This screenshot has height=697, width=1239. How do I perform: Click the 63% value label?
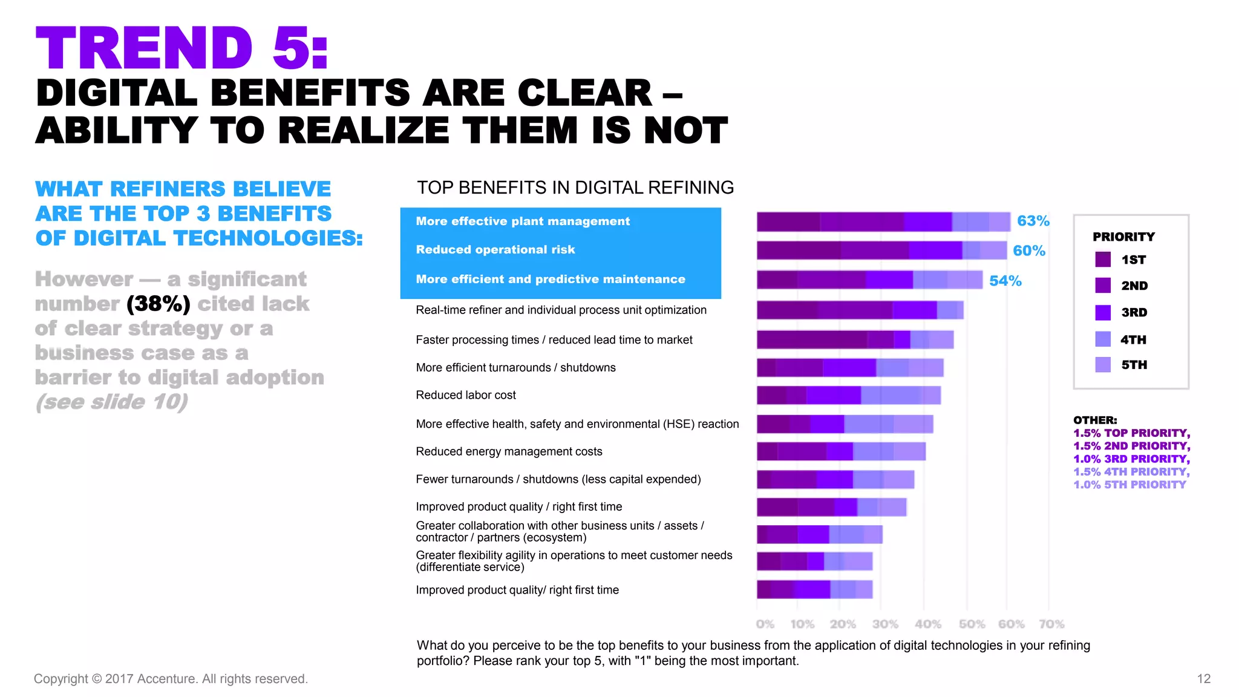[1033, 221]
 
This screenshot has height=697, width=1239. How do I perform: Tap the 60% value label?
[1028, 250]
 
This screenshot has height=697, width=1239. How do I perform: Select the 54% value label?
[1005, 281]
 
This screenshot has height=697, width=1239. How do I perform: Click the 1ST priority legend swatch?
[1103, 260]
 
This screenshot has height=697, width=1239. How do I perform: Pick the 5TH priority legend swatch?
[1103, 365]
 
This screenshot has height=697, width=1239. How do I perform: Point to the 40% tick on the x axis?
[927, 624]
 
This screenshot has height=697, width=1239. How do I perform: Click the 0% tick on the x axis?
[765, 624]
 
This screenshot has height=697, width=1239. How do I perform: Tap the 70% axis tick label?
[1051, 624]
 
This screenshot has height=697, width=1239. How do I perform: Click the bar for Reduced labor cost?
[848, 395]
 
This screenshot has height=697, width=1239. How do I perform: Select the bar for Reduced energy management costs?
[841, 451]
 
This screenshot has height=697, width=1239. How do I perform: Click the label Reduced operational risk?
[495, 249]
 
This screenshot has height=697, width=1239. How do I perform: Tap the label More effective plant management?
[523, 221]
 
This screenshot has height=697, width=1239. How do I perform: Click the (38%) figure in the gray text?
[159, 304]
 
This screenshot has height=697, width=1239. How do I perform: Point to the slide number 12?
[1203, 679]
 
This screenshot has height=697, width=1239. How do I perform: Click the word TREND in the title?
[144, 48]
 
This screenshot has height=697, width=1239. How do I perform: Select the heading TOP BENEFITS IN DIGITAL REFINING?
[575, 188]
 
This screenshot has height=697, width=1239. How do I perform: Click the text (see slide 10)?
[112, 402]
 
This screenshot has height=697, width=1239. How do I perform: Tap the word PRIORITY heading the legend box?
[1123, 237]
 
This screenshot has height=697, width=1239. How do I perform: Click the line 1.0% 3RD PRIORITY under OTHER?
[1131, 459]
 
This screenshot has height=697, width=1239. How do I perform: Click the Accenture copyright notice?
[171, 679]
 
